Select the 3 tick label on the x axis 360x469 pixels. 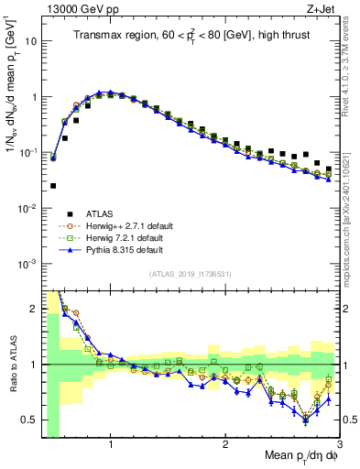click(x=340, y=444)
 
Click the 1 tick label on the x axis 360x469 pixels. click(x=111, y=444)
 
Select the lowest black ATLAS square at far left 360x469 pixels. click(x=53, y=186)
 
